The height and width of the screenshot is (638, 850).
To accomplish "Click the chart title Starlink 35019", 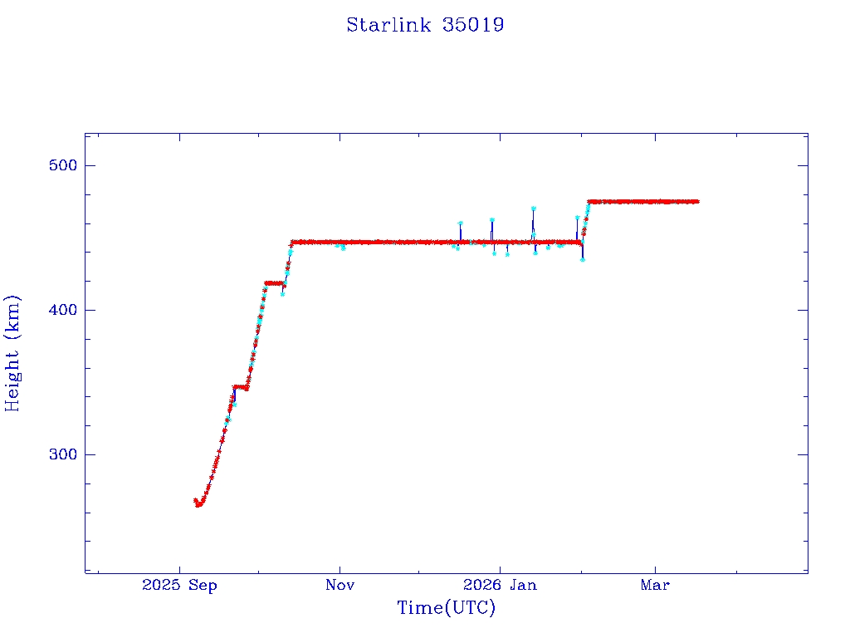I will pos(425,25).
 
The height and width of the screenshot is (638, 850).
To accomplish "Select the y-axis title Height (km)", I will pos(13,353).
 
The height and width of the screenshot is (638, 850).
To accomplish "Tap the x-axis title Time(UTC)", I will pos(446,608).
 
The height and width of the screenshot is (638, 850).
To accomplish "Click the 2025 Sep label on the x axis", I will pos(179,586).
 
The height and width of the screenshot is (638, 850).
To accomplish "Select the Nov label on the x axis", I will pos(340,586).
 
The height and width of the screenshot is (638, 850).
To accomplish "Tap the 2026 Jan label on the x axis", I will pos(499,586).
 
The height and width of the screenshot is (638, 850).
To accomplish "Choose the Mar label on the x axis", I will pos(655,586).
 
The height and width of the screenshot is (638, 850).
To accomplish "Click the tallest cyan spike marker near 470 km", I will pos(533,209).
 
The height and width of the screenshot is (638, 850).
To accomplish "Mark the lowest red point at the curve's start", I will pos(198,504).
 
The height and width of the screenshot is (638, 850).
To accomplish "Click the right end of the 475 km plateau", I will pos(697,201).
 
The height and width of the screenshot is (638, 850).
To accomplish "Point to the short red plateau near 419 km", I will pos(273,283).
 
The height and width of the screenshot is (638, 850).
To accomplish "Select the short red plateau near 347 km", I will pos(240,386).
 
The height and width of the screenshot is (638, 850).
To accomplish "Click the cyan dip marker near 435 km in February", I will pos(583,259).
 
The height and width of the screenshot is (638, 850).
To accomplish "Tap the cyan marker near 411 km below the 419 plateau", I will pos(282,293).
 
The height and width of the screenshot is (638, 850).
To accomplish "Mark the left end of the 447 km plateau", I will pos(292,243).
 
